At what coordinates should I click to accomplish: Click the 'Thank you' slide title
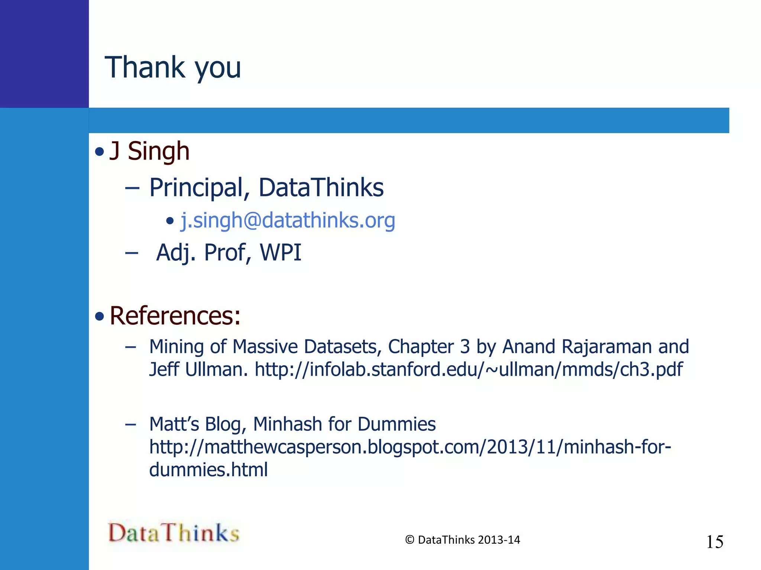click(173, 68)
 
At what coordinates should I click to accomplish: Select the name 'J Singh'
click(149, 151)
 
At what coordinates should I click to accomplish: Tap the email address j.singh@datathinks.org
click(288, 220)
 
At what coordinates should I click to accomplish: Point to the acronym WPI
click(281, 253)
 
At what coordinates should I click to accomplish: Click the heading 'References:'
click(175, 316)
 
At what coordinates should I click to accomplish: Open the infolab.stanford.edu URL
click(469, 369)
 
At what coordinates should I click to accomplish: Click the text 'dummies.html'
click(208, 470)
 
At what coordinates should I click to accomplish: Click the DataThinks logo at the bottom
click(174, 533)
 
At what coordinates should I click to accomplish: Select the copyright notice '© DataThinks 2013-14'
click(462, 540)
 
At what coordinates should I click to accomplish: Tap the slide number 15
click(715, 542)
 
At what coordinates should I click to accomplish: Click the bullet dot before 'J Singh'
click(99, 152)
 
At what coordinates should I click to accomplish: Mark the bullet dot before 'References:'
click(99, 316)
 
